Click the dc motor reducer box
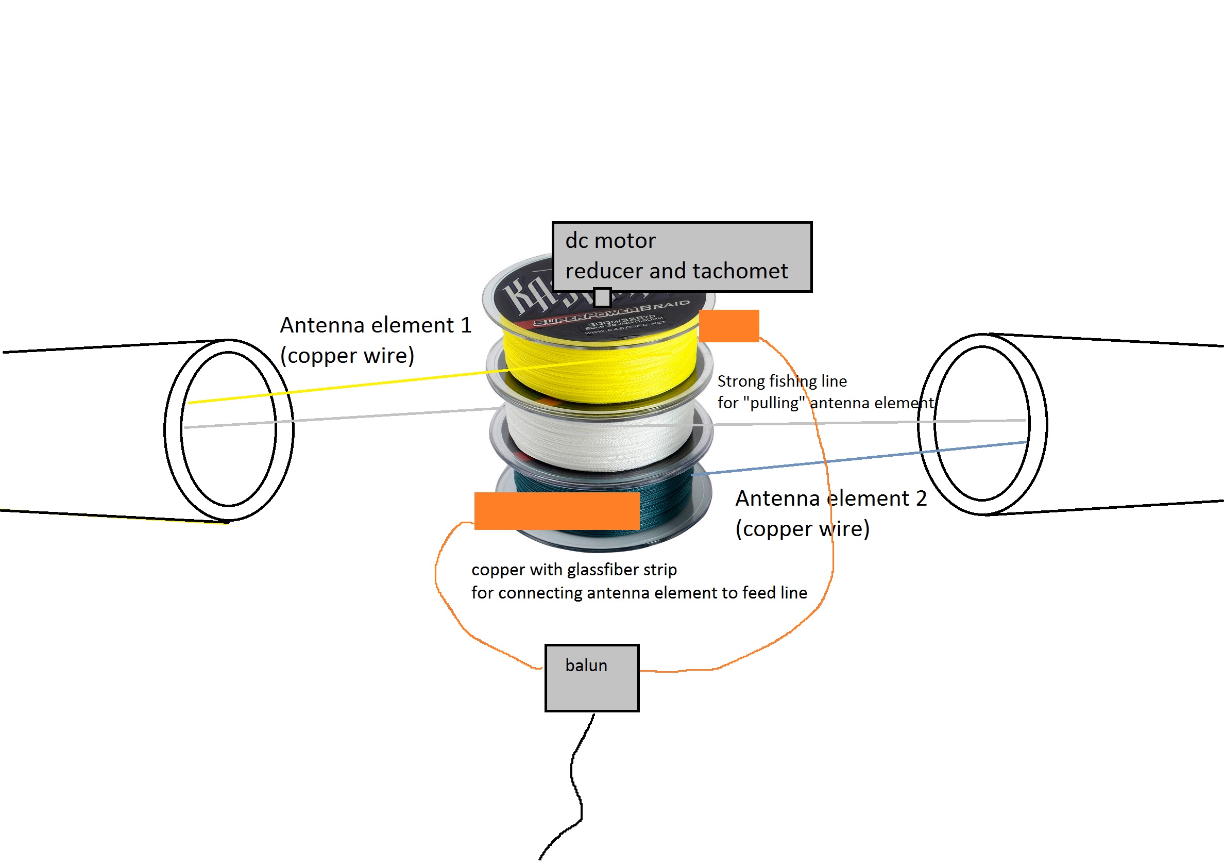coord(682,257)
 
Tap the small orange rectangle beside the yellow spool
coord(729,326)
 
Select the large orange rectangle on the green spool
coord(556,511)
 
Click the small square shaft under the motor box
coord(602,297)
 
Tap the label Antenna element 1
coord(376,325)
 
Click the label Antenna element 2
coord(830,498)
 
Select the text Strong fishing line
coord(781,381)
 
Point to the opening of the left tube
coord(228,429)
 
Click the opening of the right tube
coord(982,424)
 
